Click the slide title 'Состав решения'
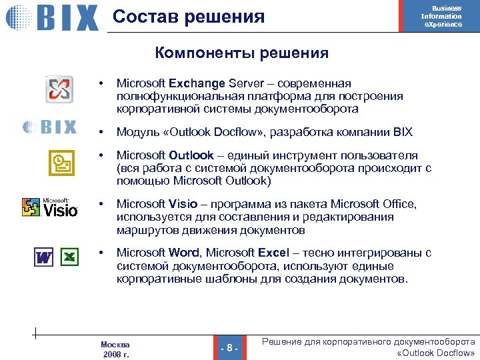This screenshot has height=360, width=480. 189,17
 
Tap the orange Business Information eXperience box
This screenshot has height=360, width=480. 441,16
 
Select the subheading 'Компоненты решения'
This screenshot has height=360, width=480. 242,53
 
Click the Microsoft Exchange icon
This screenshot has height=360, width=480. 59,90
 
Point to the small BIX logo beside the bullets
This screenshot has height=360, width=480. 50,126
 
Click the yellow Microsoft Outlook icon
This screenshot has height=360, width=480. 59,161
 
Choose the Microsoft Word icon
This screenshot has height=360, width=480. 43,257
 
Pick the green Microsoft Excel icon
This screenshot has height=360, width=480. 69,257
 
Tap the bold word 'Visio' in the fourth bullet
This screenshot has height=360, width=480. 183,204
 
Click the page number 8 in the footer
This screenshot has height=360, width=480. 229,347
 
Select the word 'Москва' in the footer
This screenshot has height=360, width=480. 115,344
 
